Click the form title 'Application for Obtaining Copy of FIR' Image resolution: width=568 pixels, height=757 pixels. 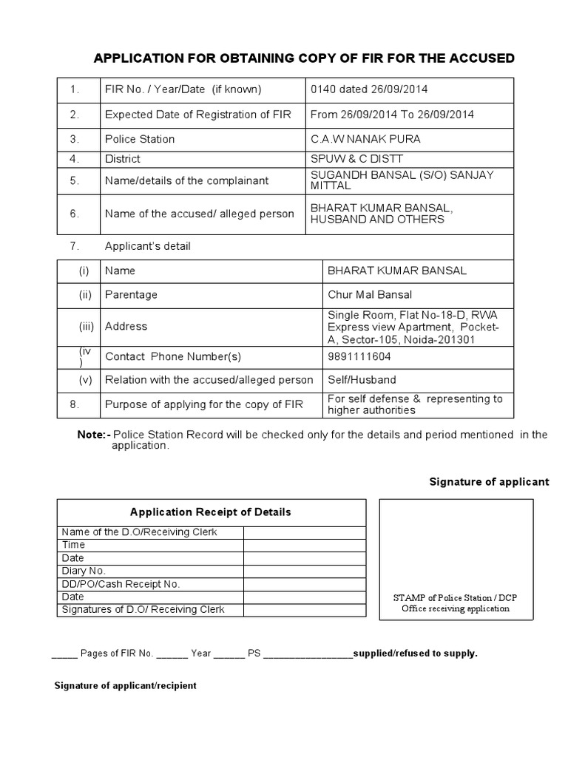302,58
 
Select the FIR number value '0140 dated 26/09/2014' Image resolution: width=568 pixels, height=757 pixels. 369,89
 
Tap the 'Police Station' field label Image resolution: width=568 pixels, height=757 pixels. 140,139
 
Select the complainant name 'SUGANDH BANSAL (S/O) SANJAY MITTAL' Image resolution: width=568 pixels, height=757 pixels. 402,180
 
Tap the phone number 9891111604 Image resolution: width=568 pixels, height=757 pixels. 359,356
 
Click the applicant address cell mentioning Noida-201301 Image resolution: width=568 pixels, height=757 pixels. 413,327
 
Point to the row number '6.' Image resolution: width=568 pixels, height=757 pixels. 74,214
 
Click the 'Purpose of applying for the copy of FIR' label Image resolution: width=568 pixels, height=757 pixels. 203,404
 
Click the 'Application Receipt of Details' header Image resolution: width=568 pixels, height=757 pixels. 211,512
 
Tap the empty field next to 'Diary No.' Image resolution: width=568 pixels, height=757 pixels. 304,571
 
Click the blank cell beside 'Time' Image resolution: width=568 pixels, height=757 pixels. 304,545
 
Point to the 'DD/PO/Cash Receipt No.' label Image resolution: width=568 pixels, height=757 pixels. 121,584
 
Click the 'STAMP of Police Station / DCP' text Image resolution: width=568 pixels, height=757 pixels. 456,597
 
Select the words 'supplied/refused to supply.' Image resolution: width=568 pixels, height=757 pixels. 416,654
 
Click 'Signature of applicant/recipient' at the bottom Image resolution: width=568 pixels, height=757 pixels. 126,685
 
